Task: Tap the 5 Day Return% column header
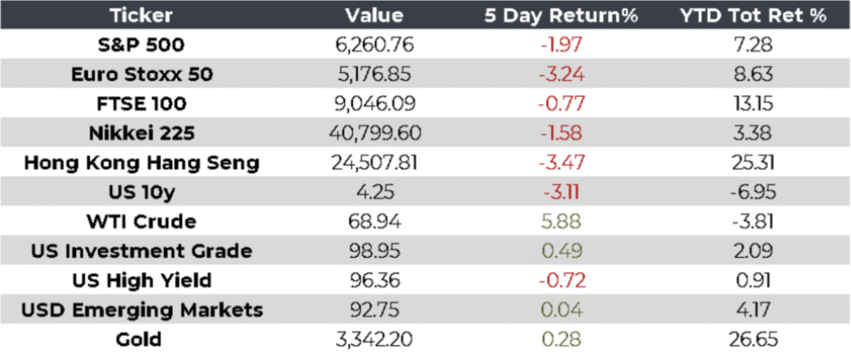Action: [x=568, y=15]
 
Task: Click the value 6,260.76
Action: [x=373, y=44]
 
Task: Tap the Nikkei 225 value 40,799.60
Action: [x=373, y=133]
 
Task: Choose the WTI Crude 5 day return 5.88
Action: [x=568, y=222]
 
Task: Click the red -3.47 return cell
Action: [x=568, y=163]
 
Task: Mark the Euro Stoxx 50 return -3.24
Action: [x=568, y=74]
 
